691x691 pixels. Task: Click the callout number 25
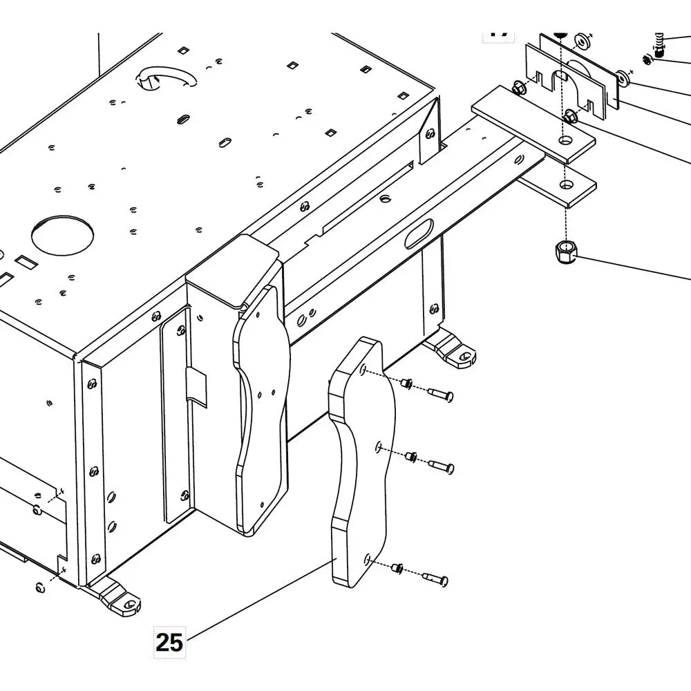pos(169,642)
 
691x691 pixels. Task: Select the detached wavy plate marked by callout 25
pos(359,463)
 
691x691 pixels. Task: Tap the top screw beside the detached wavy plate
pos(440,395)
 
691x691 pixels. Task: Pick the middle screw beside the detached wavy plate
pos(441,466)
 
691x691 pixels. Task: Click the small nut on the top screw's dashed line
pos(407,384)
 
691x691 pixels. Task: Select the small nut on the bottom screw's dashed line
pos(397,568)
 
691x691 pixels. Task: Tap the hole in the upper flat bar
pos(566,140)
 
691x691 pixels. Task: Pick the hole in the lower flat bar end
pos(567,184)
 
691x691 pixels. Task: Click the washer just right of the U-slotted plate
pos(623,78)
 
